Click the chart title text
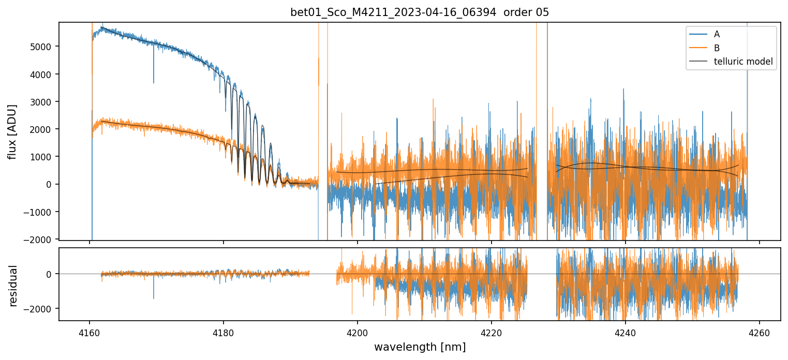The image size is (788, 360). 420,12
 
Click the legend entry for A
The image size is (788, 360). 717,34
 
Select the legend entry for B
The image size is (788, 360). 717,48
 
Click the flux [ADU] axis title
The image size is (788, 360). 12,131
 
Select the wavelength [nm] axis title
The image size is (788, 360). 420,347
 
